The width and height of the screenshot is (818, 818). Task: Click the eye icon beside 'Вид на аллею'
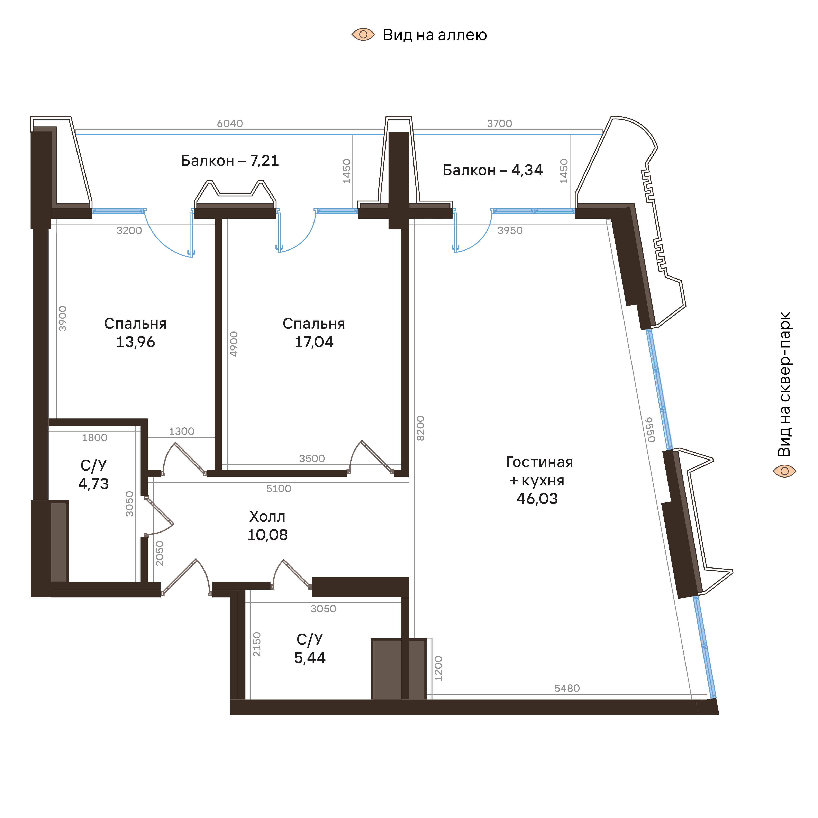(x=363, y=35)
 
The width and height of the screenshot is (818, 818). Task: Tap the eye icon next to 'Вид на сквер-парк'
(x=784, y=471)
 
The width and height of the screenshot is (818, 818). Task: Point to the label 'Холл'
(x=267, y=517)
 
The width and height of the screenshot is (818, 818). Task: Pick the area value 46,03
(x=537, y=499)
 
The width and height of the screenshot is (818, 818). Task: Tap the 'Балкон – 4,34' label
(x=492, y=170)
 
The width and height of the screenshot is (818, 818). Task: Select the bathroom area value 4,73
(x=94, y=483)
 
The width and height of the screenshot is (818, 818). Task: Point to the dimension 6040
(x=230, y=124)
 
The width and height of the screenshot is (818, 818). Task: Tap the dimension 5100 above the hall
(x=279, y=489)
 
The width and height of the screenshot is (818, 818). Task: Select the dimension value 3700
(x=500, y=124)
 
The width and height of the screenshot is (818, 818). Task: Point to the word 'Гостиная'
(x=539, y=462)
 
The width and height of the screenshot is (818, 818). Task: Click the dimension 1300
(x=182, y=431)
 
